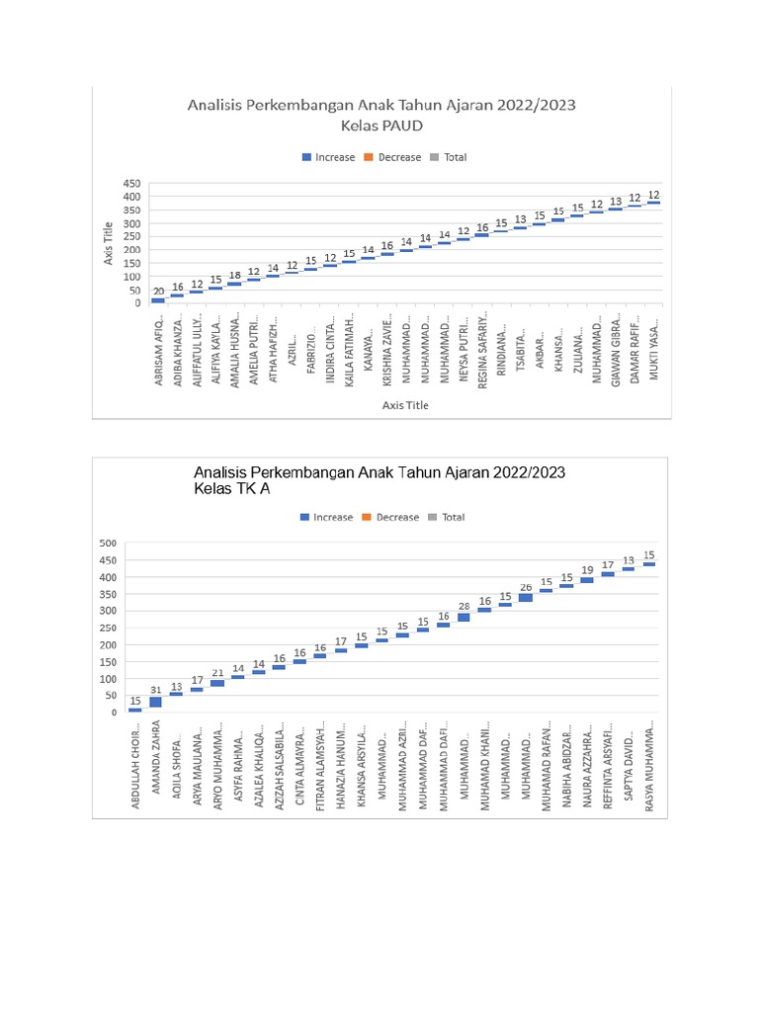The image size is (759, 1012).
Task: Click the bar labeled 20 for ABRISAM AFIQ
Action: point(158,300)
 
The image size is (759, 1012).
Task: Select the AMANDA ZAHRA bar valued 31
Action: point(155,703)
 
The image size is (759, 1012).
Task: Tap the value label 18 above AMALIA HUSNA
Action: point(234,276)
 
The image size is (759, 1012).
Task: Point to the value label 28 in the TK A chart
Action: point(464,606)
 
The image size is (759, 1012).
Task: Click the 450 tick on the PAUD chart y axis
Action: point(131,184)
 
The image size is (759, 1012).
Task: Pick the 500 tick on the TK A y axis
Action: point(107,544)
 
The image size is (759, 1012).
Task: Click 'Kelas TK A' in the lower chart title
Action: point(232,489)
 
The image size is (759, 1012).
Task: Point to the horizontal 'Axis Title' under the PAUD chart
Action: point(405,405)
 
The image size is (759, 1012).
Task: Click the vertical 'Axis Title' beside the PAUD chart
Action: point(109,243)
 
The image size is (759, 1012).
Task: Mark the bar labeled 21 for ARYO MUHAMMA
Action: point(217,683)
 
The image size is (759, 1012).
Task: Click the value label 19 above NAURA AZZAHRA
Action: point(587,570)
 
